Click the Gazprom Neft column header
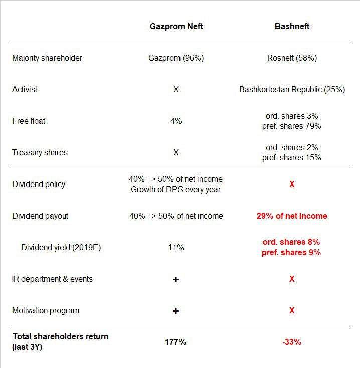(176, 26)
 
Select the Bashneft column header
(292, 26)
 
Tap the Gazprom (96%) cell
(176, 58)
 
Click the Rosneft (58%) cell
(292, 58)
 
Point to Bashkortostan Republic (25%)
(292, 89)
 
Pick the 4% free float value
(176, 121)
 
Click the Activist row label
(25, 89)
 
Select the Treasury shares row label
(40, 153)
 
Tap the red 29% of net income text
(292, 216)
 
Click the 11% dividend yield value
(176, 247)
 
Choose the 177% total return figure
(175, 342)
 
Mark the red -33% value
(292, 342)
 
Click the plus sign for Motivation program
(176, 311)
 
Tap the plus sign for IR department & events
(176, 280)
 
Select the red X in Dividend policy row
(292, 184)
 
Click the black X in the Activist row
(176, 89)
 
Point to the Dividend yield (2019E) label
(61, 247)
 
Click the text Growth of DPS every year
(176, 189)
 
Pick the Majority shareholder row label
(47, 58)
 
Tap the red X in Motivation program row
(292, 310)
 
